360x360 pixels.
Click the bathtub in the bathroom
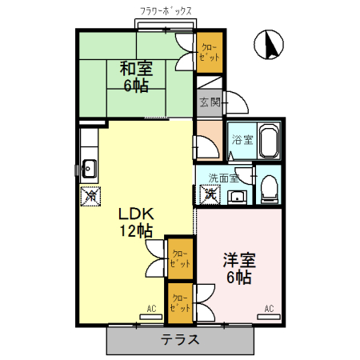click(x=266, y=142)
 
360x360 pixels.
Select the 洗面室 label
click(x=223, y=178)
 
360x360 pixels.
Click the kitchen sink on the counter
click(x=88, y=168)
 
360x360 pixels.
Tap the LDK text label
click(x=136, y=215)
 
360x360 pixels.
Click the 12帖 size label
click(x=136, y=232)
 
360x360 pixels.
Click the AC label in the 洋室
click(x=269, y=309)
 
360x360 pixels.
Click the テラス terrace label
click(x=179, y=339)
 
